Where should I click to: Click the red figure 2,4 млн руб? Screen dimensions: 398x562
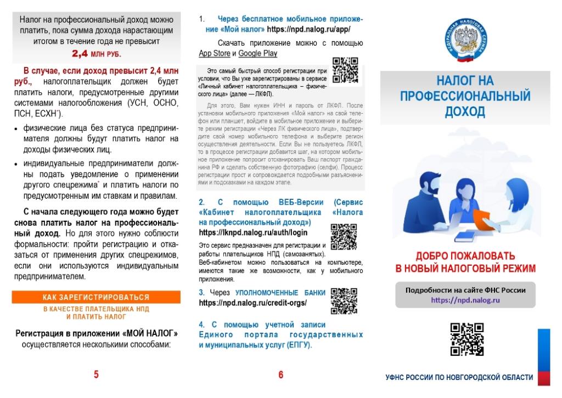pos(96,54)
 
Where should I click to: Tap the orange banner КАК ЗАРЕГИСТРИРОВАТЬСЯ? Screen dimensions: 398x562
pos(96,297)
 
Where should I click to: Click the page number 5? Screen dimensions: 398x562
pos(96,375)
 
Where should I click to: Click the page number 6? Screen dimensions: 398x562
pos(281,375)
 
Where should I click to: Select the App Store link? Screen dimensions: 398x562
pos(214,53)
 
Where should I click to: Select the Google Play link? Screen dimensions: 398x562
pos(257,53)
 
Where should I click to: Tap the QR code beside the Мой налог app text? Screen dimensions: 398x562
pos(345,70)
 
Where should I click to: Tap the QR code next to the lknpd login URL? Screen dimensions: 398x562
pos(344,237)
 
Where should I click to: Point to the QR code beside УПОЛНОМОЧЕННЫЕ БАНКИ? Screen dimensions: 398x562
pos(344,300)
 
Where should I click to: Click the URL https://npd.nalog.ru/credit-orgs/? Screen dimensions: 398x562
pos(252,302)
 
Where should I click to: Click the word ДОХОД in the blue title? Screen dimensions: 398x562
pos(465,111)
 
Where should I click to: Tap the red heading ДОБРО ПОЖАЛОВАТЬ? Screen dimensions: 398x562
pos(465,256)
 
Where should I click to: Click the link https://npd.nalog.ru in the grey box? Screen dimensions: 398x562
pos(465,300)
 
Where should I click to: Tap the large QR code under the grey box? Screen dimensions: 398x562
pos(467,339)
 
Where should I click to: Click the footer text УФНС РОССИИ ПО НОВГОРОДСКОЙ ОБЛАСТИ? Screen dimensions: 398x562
pos(459,377)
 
